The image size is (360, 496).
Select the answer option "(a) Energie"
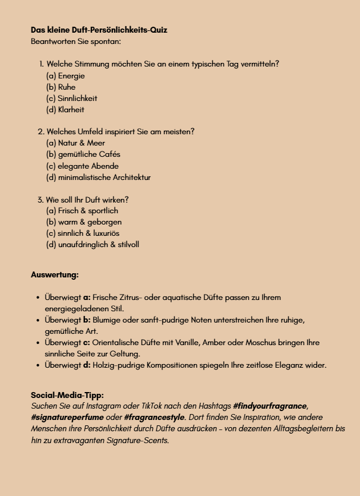[x=65, y=76]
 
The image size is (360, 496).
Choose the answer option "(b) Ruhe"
[x=61, y=87]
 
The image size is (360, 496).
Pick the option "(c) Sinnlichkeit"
[x=71, y=99]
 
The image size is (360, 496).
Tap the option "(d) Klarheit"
[x=65, y=110]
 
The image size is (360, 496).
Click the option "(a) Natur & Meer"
[x=75, y=143]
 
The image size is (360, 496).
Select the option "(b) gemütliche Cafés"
[x=83, y=154]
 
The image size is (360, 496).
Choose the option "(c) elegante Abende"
[x=82, y=166]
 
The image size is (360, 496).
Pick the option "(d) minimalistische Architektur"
[x=98, y=178]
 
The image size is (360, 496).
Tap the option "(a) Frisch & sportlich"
[x=82, y=211]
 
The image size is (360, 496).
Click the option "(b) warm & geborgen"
[x=84, y=222]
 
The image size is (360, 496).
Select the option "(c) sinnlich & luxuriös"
[x=83, y=233]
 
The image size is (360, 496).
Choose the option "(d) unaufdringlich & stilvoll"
[x=93, y=245]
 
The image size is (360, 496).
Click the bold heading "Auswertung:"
[x=55, y=275]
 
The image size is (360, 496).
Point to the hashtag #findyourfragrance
[x=270, y=406]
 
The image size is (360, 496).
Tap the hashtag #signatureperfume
[x=63, y=418]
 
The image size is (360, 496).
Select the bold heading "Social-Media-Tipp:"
[x=67, y=395]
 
